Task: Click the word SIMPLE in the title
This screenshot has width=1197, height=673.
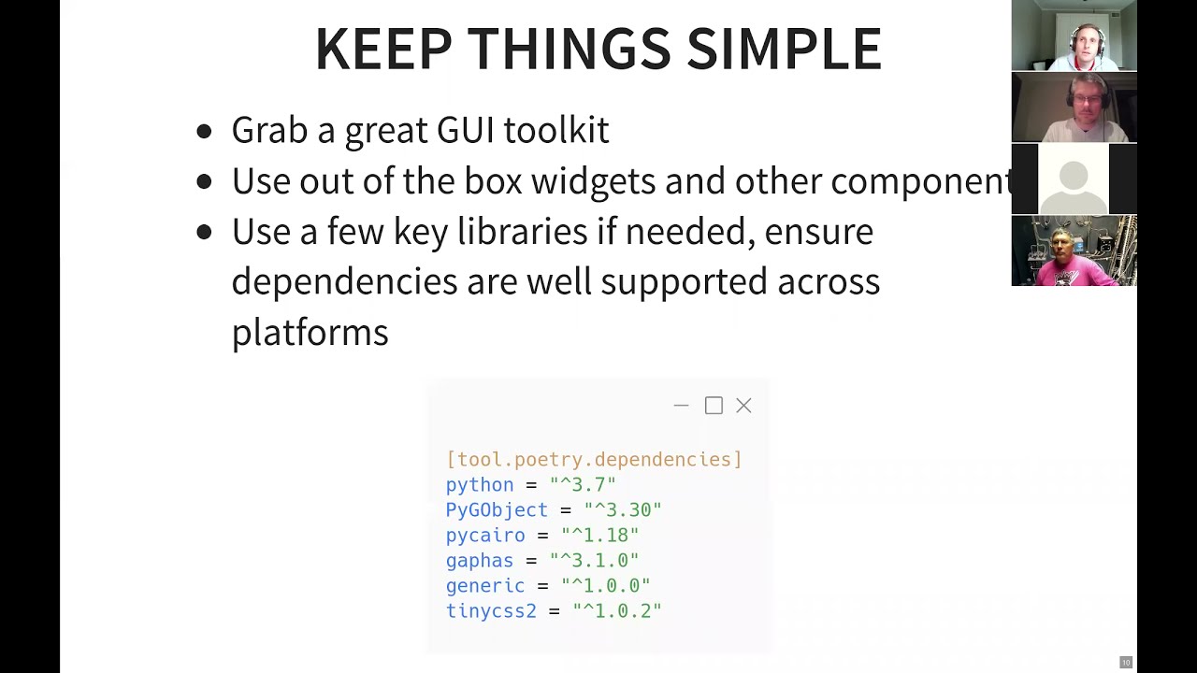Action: click(784, 50)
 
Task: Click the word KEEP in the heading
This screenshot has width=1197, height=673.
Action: click(383, 50)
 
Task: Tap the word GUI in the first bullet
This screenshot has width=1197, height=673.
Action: click(465, 130)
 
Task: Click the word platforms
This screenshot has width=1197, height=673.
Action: click(310, 332)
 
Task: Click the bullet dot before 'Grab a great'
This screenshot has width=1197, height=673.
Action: click(205, 132)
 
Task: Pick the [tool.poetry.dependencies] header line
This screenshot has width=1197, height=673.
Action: click(594, 459)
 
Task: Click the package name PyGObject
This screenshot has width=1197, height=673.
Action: click(497, 509)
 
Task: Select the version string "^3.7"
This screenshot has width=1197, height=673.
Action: click(583, 484)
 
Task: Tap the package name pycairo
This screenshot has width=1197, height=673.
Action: click(485, 535)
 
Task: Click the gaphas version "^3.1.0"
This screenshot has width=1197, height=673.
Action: click(594, 560)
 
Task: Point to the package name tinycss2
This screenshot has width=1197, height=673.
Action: click(491, 610)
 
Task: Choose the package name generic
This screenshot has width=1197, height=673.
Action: click(485, 585)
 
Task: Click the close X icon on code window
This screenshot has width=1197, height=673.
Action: click(743, 406)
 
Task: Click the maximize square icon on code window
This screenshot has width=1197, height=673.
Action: click(714, 406)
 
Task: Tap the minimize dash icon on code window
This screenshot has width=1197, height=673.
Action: click(681, 406)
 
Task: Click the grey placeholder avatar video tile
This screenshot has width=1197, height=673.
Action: click(1074, 179)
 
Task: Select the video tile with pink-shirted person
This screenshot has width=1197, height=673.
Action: click(1074, 251)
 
